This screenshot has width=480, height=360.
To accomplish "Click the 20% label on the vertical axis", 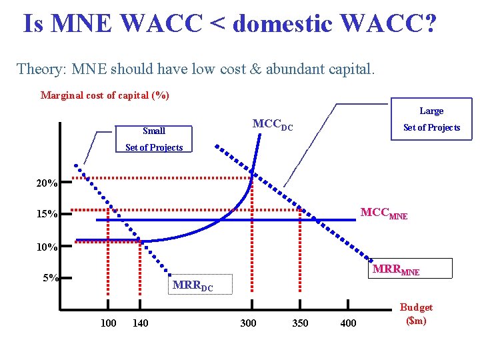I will click(x=47, y=183).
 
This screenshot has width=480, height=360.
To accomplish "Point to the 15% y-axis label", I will click(x=47, y=214).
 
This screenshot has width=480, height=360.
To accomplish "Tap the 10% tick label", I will click(x=47, y=247).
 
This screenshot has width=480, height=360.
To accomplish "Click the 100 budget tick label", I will click(x=108, y=323).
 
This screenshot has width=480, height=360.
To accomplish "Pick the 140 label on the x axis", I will click(x=141, y=323).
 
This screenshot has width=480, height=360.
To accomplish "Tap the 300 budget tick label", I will click(x=248, y=323).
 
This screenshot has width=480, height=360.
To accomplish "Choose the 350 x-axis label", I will click(x=300, y=323).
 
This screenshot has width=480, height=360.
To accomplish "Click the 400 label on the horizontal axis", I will click(x=348, y=323).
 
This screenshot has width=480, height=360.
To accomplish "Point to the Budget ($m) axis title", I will click(x=416, y=314).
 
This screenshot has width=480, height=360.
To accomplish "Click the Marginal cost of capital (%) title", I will click(x=105, y=95).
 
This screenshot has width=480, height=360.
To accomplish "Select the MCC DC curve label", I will click(x=272, y=125).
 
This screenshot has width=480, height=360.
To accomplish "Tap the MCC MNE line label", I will click(x=383, y=214).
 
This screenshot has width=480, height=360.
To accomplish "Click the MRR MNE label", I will click(x=396, y=270).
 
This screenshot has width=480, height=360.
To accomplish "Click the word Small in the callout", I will click(x=154, y=131).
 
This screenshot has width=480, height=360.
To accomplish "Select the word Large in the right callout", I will click(x=431, y=111).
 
